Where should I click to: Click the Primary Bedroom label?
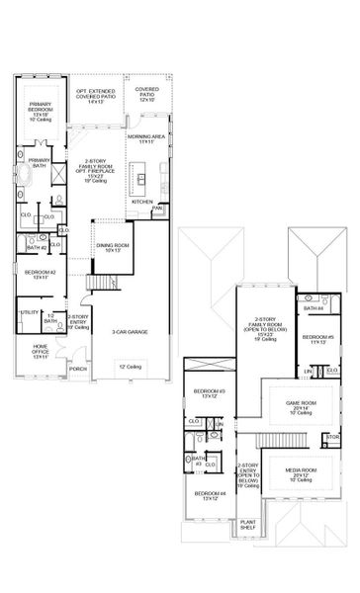pos(41,110)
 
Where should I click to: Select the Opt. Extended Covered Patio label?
pos(96,96)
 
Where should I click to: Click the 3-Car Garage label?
pos(130,334)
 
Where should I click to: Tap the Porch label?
pos(79,370)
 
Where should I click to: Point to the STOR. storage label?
pos(332,436)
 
